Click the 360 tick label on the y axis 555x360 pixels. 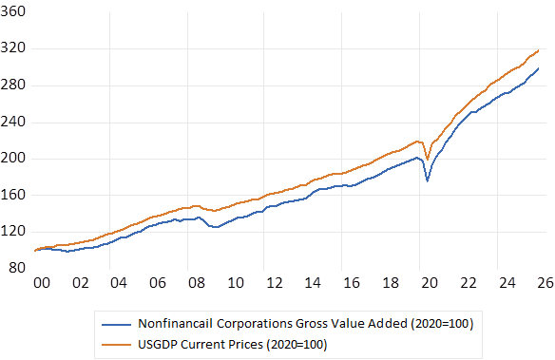(x=13, y=11)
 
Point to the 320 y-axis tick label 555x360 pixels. (x=13, y=47)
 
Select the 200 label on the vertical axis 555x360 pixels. (x=13, y=158)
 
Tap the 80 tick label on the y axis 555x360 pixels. (x=17, y=268)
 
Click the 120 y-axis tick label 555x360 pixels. (x=13, y=231)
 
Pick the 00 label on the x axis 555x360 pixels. (x=42, y=283)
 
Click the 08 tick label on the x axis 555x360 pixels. (x=197, y=283)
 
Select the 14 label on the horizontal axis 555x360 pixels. (x=313, y=283)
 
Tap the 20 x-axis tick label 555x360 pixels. (x=430, y=283)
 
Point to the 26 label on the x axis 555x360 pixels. (x=545, y=283)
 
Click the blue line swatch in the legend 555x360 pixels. (x=116, y=324)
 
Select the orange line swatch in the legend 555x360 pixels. (x=116, y=345)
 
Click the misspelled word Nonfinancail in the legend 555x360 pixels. (x=176, y=324)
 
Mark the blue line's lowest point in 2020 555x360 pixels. (x=428, y=181)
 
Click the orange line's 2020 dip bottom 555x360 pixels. (x=428, y=160)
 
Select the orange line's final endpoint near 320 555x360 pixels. (x=538, y=50)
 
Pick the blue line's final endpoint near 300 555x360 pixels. (x=538, y=68)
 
